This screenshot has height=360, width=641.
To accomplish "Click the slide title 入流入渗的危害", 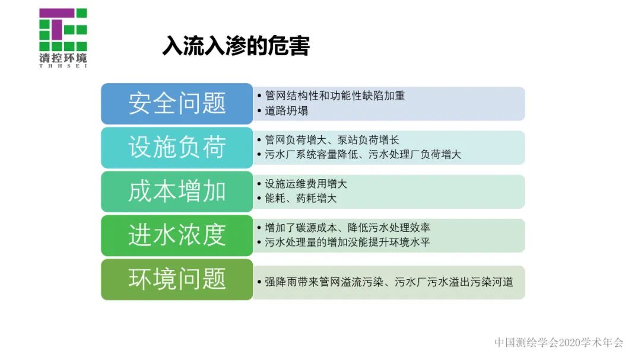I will (x=236, y=46).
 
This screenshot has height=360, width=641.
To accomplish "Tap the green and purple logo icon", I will (x=63, y=30).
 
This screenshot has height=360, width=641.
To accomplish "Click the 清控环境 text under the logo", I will (x=63, y=58).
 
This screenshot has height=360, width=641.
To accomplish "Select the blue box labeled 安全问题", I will (x=177, y=104).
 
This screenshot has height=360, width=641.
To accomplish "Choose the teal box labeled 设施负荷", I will (x=177, y=148).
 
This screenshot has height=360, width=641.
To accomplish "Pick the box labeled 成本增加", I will (x=177, y=192).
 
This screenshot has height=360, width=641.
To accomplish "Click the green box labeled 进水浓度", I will (x=177, y=235).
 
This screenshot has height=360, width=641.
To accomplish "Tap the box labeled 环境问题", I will (x=177, y=279).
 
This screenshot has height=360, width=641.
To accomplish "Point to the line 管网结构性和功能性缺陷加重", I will (x=335, y=96).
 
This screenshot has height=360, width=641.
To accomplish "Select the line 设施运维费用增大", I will (x=306, y=184).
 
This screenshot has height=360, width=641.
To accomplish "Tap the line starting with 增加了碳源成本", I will (x=347, y=228).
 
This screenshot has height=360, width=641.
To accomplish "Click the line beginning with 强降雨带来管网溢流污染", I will (x=389, y=282).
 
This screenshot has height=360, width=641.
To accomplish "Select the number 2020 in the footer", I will (x=572, y=343).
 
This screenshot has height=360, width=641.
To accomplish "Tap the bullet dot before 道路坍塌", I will (x=259, y=111).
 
